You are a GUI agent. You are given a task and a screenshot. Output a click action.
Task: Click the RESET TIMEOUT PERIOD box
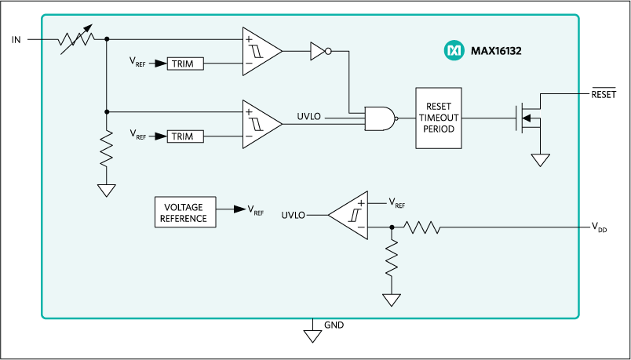coord(439,118)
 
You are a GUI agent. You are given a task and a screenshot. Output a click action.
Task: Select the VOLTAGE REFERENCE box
coord(184,213)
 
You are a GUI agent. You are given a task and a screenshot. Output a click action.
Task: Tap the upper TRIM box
coord(185,64)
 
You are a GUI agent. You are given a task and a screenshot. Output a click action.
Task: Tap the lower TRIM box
coord(185,136)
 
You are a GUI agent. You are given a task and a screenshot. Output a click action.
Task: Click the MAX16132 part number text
coord(496,52)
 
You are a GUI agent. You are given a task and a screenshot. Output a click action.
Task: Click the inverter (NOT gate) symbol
coord(319,52)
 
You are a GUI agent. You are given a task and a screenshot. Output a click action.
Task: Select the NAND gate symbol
coord(380,118)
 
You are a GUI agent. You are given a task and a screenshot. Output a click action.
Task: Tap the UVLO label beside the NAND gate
coord(309,117)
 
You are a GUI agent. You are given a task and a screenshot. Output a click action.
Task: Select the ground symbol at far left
coord(106,190)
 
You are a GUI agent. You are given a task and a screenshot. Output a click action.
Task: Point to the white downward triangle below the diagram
coord(313,336)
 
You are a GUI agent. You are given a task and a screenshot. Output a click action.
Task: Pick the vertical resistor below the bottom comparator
coord(392,259)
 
